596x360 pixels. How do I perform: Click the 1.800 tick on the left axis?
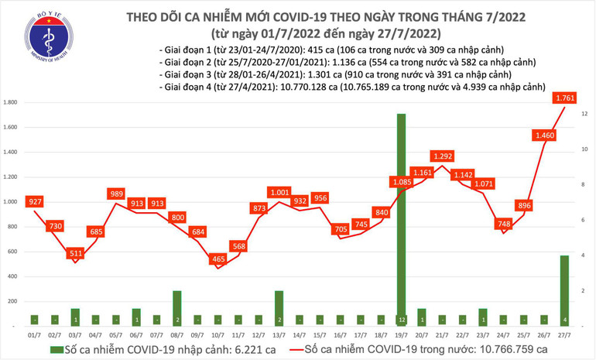click(11, 103)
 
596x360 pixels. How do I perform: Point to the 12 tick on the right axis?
click(584, 114)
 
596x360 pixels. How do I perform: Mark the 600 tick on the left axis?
click(12, 252)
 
